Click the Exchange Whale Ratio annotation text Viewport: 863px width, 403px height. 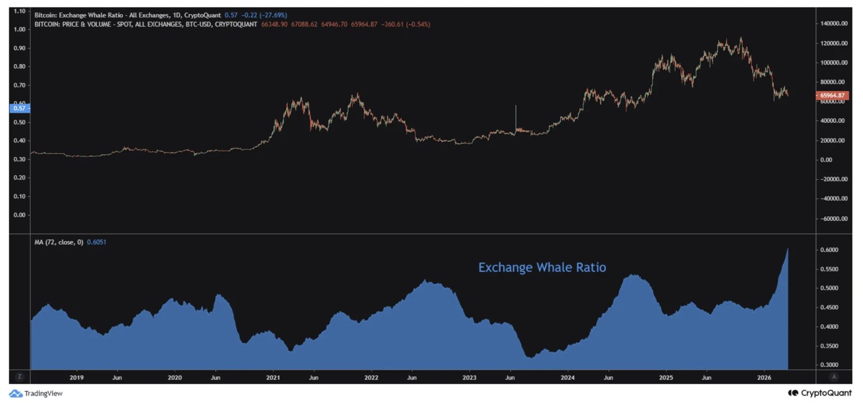(x=542, y=268)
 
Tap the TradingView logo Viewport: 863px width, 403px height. (x=36, y=393)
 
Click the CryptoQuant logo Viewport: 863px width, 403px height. (x=820, y=393)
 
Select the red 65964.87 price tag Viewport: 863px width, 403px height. (x=832, y=95)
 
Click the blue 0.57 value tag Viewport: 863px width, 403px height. (x=19, y=108)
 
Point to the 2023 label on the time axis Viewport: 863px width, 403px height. (x=469, y=378)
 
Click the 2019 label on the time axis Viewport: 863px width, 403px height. (x=77, y=378)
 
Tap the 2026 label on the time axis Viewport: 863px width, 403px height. (x=764, y=378)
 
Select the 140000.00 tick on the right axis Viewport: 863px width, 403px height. (x=834, y=24)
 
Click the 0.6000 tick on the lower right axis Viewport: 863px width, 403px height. (x=829, y=250)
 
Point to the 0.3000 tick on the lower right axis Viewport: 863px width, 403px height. (x=829, y=365)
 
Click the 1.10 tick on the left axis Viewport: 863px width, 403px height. (x=19, y=11)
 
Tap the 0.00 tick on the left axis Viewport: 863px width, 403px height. (x=19, y=215)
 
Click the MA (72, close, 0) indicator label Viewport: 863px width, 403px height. (x=59, y=242)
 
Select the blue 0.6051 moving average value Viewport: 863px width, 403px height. (x=97, y=242)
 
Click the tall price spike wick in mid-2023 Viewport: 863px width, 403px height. (x=516, y=116)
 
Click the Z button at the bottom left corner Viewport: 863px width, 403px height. (x=19, y=377)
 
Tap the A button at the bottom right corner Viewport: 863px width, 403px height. (x=834, y=377)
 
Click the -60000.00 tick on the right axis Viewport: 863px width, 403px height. (x=834, y=218)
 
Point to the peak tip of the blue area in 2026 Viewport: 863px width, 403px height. (x=787, y=249)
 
